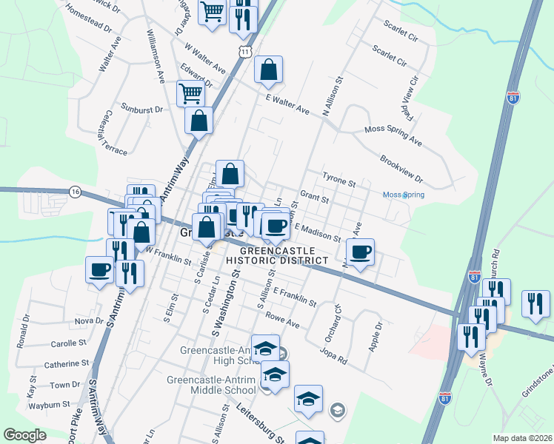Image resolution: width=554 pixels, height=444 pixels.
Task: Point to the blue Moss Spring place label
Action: (403, 195)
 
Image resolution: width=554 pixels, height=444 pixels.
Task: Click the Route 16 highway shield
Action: (75, 191)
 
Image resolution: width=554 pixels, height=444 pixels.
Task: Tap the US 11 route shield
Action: (245, 49)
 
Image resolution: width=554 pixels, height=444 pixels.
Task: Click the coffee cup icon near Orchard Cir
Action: (361, 252)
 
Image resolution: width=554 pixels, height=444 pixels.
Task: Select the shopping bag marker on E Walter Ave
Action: (269, 70)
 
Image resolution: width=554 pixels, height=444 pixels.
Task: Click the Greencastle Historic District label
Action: (276, 255)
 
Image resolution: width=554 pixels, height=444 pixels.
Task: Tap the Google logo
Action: (25, 435)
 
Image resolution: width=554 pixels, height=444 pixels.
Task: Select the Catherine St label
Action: (67, 364)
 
